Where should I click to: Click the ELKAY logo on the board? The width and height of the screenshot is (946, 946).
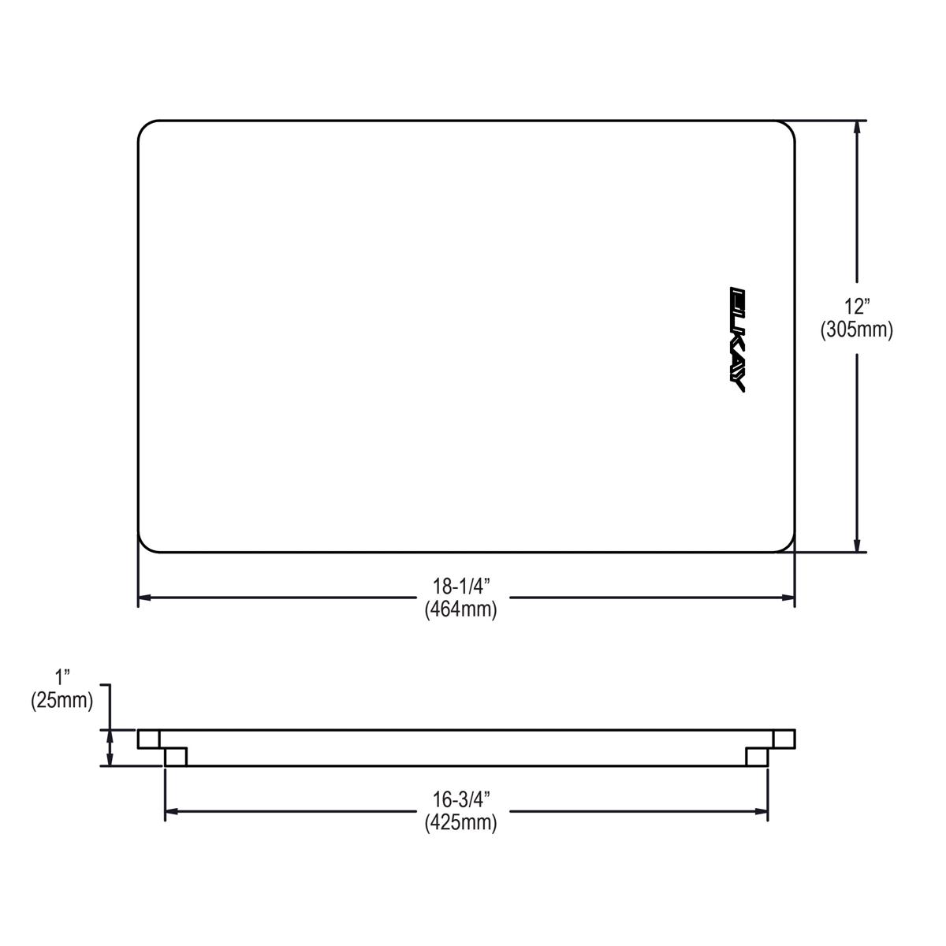tap(738, 339)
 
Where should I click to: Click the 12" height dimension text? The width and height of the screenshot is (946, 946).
tap(856, 307)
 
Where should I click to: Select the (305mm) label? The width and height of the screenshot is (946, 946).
tap(856, 330)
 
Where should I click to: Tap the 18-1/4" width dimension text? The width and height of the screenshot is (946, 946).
tap(461, 587)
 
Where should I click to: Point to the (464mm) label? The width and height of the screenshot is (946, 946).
tap(461, 609)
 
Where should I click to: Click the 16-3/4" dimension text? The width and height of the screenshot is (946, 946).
tap(461, 799)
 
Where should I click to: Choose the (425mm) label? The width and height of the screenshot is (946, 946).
tap(461, 823)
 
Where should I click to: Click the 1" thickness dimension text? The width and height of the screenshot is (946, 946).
tap(62, 676)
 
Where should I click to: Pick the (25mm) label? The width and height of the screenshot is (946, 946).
tap(62, 700)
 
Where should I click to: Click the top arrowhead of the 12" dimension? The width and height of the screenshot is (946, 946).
tap(857, 126)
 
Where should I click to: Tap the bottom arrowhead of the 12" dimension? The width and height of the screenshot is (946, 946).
tap(857, 546)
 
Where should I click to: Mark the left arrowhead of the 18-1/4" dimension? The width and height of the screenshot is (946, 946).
tap(145, 598)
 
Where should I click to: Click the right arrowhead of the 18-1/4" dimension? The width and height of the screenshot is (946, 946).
tap(788, 598)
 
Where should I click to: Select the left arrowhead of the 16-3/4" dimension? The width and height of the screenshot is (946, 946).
tap(171, 810)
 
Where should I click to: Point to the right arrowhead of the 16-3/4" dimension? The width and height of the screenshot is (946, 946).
tap(762, 810)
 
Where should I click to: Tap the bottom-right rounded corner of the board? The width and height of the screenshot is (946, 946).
tap(788, 545)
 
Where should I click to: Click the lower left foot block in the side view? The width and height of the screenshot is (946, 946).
tap(176, 757)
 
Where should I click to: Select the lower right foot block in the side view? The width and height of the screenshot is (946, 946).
tap(757, 757)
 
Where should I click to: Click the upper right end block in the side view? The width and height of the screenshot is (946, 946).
tap(784, 739)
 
